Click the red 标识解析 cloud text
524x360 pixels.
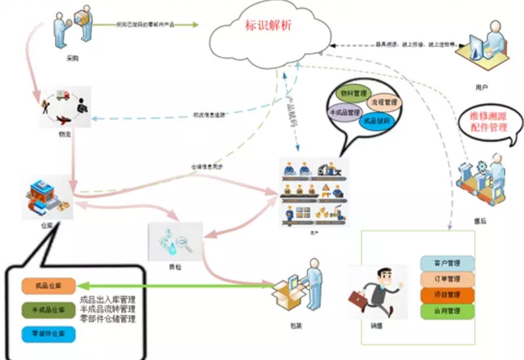pyautogui.click(x=268, y=26)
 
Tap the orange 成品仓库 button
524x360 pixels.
pyautogui.click(x=48, y=285)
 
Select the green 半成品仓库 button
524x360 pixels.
pyautogui.click(x=48, y=310)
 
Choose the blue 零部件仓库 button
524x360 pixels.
pyautogui.click(x=48, y=334)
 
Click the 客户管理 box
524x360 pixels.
pyautogui.click(x=448, y=263)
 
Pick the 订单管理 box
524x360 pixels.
pyautogui.click(x=448, y=279)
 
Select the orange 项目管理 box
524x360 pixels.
pyautogui.click(x=448, y=295)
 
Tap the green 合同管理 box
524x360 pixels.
pyautogui.click(x=448, y=311)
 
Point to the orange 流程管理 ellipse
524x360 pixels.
pyautogui.click(x=384, y=102)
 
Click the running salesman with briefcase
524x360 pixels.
pyautogui.click(x=376, y=292)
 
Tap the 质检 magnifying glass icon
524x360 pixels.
pyautogui.click(x=182, y=243)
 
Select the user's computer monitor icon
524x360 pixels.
pyautogui.click(x=478, y=47)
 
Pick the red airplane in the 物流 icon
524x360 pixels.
pyautogui.click(x=63, y=120)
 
